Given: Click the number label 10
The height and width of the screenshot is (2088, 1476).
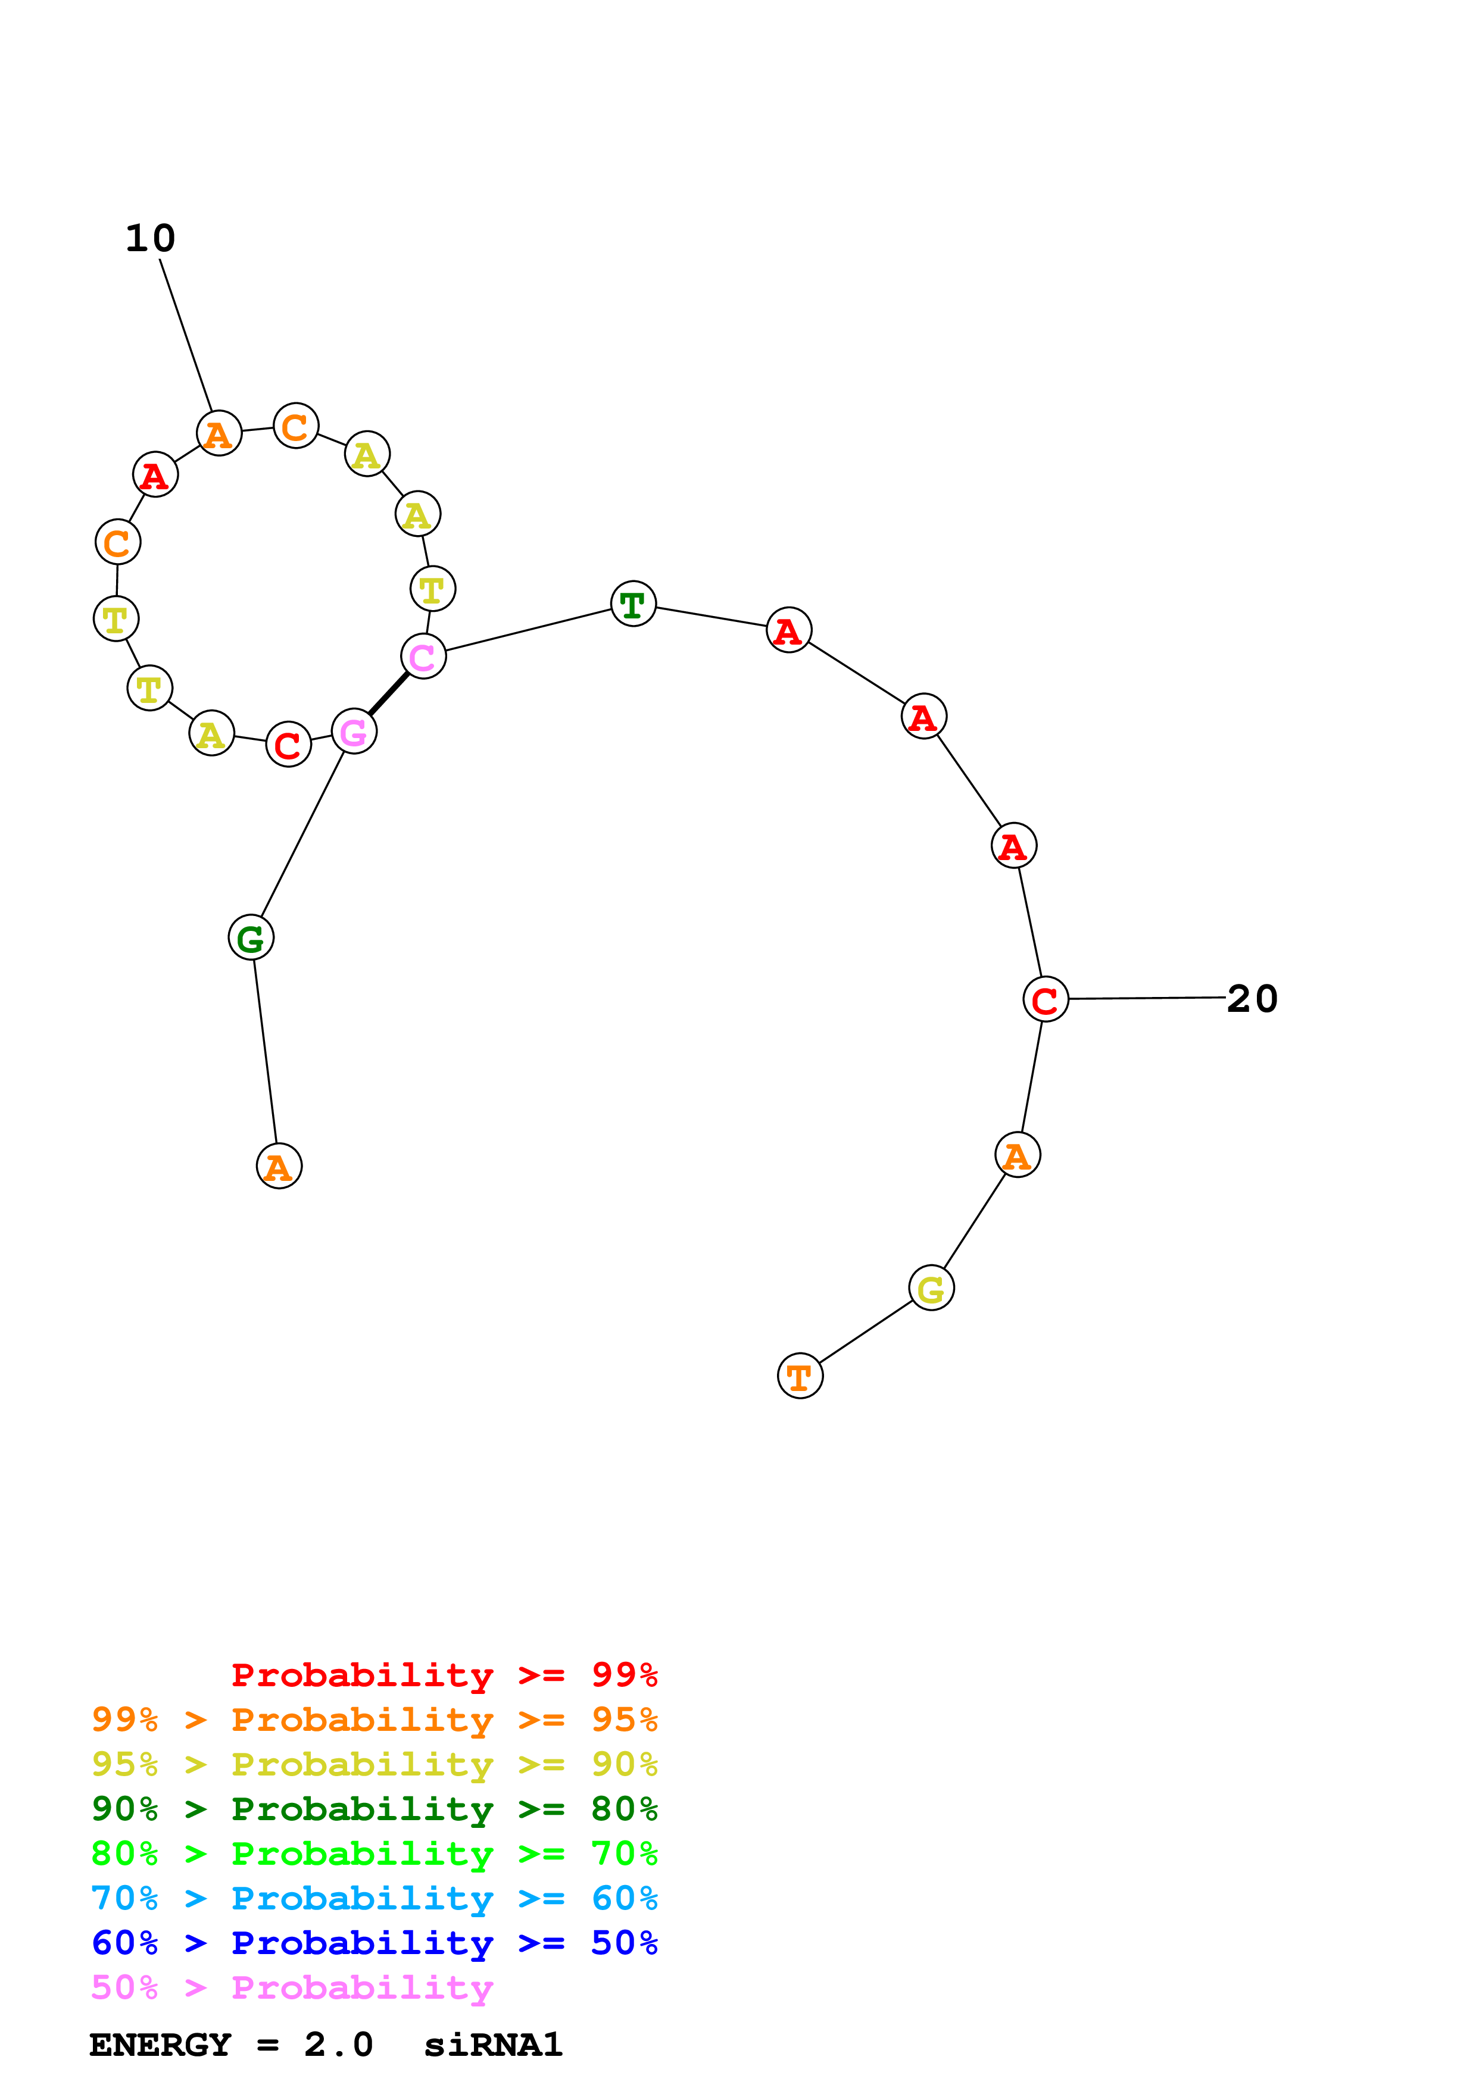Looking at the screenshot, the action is coord(150,238).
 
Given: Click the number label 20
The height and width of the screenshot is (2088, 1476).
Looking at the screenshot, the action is coord(1252,999).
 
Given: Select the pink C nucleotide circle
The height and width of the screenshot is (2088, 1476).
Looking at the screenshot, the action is coord(423,656).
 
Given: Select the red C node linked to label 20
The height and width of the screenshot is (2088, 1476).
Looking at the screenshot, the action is coord(1045,999).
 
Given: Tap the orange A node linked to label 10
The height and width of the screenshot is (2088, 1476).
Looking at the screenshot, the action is coord(219,434).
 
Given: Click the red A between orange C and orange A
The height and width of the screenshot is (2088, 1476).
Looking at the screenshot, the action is coord(155,475).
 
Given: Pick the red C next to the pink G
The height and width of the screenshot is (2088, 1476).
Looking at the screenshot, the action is coord(288,745).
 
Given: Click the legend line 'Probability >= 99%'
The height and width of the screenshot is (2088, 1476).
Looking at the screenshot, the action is coord(444,1674).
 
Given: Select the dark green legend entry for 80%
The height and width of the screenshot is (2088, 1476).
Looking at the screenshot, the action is coord(374,1809).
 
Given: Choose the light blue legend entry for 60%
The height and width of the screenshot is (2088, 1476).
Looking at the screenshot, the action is coord(374,1898).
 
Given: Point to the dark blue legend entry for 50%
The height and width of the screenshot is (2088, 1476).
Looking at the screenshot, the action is coord(374,1943).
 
